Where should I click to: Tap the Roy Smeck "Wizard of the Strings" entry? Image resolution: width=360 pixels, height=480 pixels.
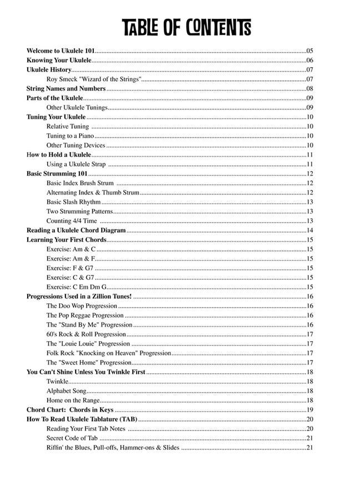coord(94,79)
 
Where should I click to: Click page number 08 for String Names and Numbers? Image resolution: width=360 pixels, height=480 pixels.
coord(310,89)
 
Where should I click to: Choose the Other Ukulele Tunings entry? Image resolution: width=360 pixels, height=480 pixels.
coord(77,108)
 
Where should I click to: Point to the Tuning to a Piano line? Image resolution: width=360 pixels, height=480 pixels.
coord(70,136)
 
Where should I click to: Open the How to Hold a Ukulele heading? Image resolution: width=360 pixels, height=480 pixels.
coord(59,155)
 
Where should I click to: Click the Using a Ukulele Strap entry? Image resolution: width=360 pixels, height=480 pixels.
coord(76,164)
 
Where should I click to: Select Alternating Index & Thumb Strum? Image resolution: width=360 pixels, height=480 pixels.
coord(93,193)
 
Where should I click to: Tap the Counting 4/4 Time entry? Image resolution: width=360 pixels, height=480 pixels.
coord(72,221)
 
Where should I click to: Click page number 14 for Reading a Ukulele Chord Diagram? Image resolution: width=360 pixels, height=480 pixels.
coord(310,231)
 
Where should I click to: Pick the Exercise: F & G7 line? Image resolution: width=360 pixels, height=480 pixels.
coord(70,268)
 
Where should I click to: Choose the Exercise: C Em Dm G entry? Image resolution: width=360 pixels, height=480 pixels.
coord(77,287)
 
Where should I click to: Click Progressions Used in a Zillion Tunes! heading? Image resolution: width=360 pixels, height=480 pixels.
coord(79,297)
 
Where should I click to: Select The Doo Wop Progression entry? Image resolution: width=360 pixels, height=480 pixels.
coord(82,306)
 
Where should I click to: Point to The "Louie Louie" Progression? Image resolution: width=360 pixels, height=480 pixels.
coord(88,344)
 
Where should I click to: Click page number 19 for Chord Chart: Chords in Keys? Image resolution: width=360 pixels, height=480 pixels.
coord(310,410)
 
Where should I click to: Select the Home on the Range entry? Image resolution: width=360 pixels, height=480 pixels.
coord(73,401)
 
